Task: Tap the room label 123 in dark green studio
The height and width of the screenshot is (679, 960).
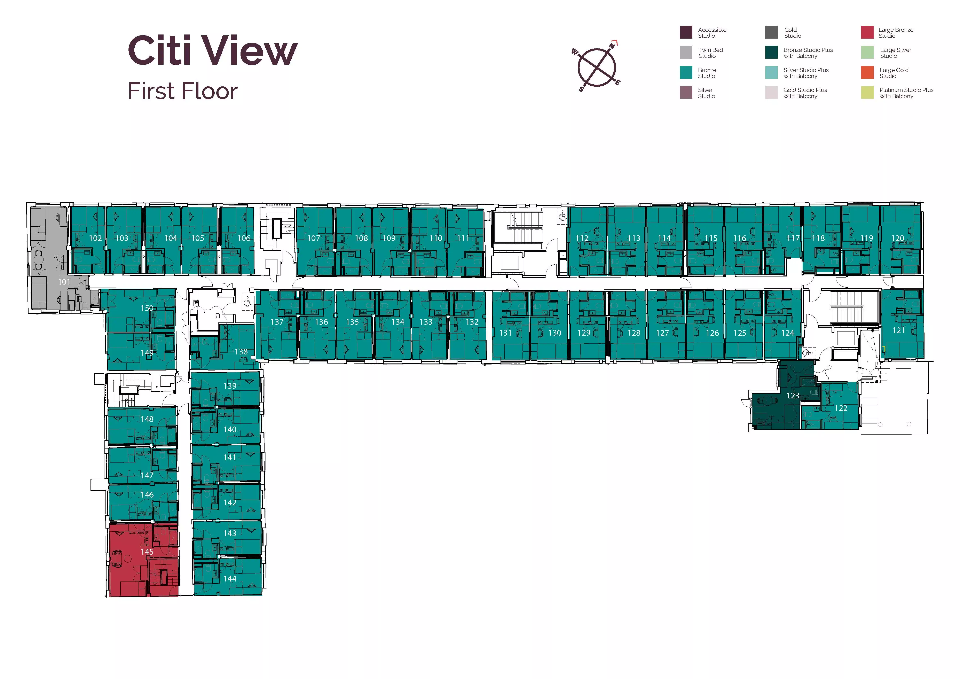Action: pos(793,396)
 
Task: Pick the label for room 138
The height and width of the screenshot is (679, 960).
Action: pos(241,352)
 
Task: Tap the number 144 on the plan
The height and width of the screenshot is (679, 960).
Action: pos(230,579)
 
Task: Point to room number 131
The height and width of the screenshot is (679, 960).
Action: pos(505,333)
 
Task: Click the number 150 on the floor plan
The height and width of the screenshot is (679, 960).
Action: pos(147,308)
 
